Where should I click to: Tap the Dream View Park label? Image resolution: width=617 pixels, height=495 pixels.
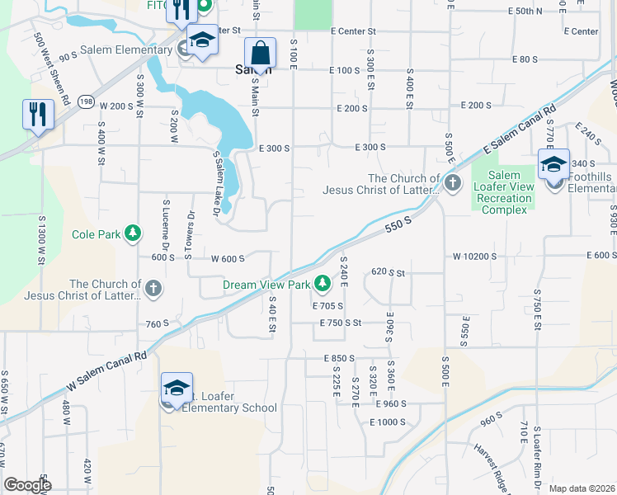point(266,285)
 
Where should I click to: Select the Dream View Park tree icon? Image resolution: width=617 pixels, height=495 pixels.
point(322,285)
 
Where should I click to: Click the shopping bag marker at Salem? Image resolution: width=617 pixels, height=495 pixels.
point(261,53)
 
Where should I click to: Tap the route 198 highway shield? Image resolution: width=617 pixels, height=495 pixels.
point(86,101)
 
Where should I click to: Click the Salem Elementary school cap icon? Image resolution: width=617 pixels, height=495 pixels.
point(200,40)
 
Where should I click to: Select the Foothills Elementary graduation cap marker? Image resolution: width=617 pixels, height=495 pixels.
point(554,164)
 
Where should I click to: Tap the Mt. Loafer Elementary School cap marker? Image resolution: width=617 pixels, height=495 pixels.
point(176,389)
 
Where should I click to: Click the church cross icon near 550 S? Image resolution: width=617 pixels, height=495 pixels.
point(452,183)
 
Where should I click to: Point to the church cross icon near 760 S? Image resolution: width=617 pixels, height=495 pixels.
point(153,289)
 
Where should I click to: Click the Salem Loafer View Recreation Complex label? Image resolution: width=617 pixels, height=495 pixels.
point(503,192)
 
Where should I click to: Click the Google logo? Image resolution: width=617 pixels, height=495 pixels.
point(27,485)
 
